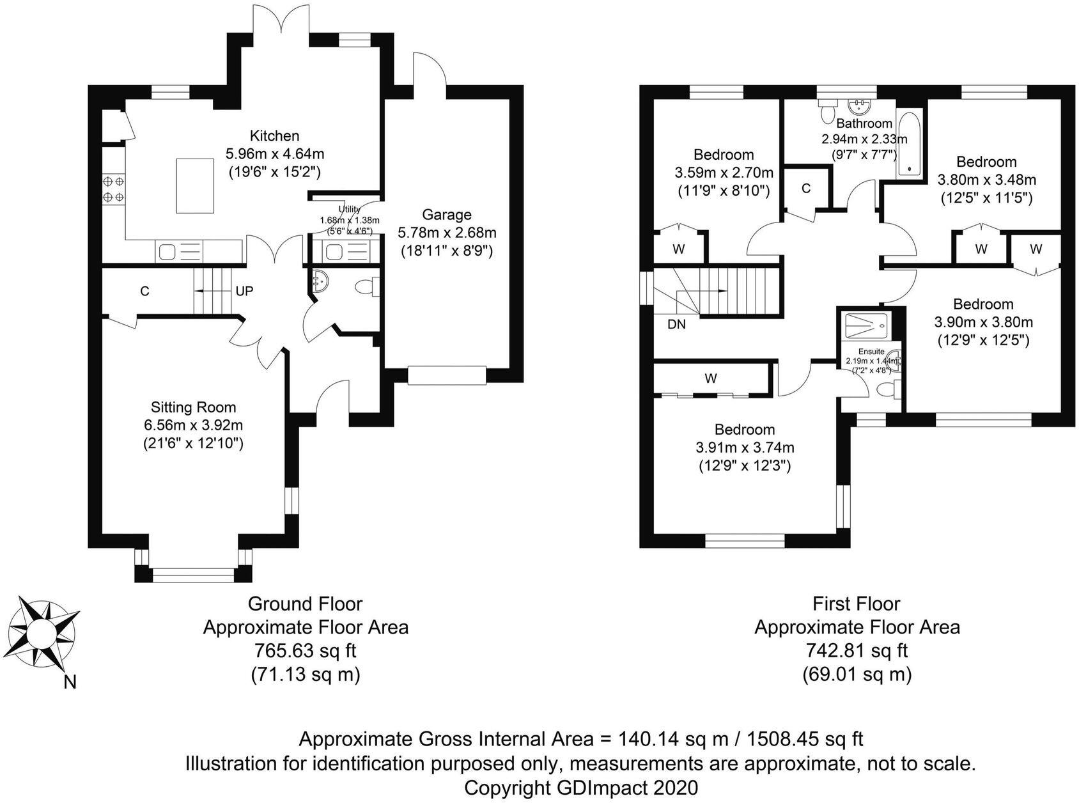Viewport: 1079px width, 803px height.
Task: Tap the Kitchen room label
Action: [x=274, y=136]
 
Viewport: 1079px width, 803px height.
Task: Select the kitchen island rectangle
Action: [x=194, y=185]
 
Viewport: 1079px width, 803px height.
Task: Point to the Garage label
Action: [x=447, y=215]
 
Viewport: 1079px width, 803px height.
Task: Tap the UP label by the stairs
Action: [x=244, y=291]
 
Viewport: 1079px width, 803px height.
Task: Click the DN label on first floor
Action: [x=676, y=324]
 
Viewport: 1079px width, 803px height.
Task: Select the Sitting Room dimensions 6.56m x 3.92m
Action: [x=193, y=425]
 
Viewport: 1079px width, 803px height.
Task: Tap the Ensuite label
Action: [x=871, y=352]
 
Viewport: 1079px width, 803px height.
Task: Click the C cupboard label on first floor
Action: [x=806, y=188]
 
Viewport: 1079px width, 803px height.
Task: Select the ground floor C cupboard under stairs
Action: [x=145, y=291]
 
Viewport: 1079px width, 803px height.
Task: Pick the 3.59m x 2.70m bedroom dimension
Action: [x=724, y=173]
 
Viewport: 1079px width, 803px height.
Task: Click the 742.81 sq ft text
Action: [x=857, y=651]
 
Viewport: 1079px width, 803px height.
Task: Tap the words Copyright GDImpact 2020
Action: [x=581, y=787]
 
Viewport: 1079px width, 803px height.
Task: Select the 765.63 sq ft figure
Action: [x=305, y=651]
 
